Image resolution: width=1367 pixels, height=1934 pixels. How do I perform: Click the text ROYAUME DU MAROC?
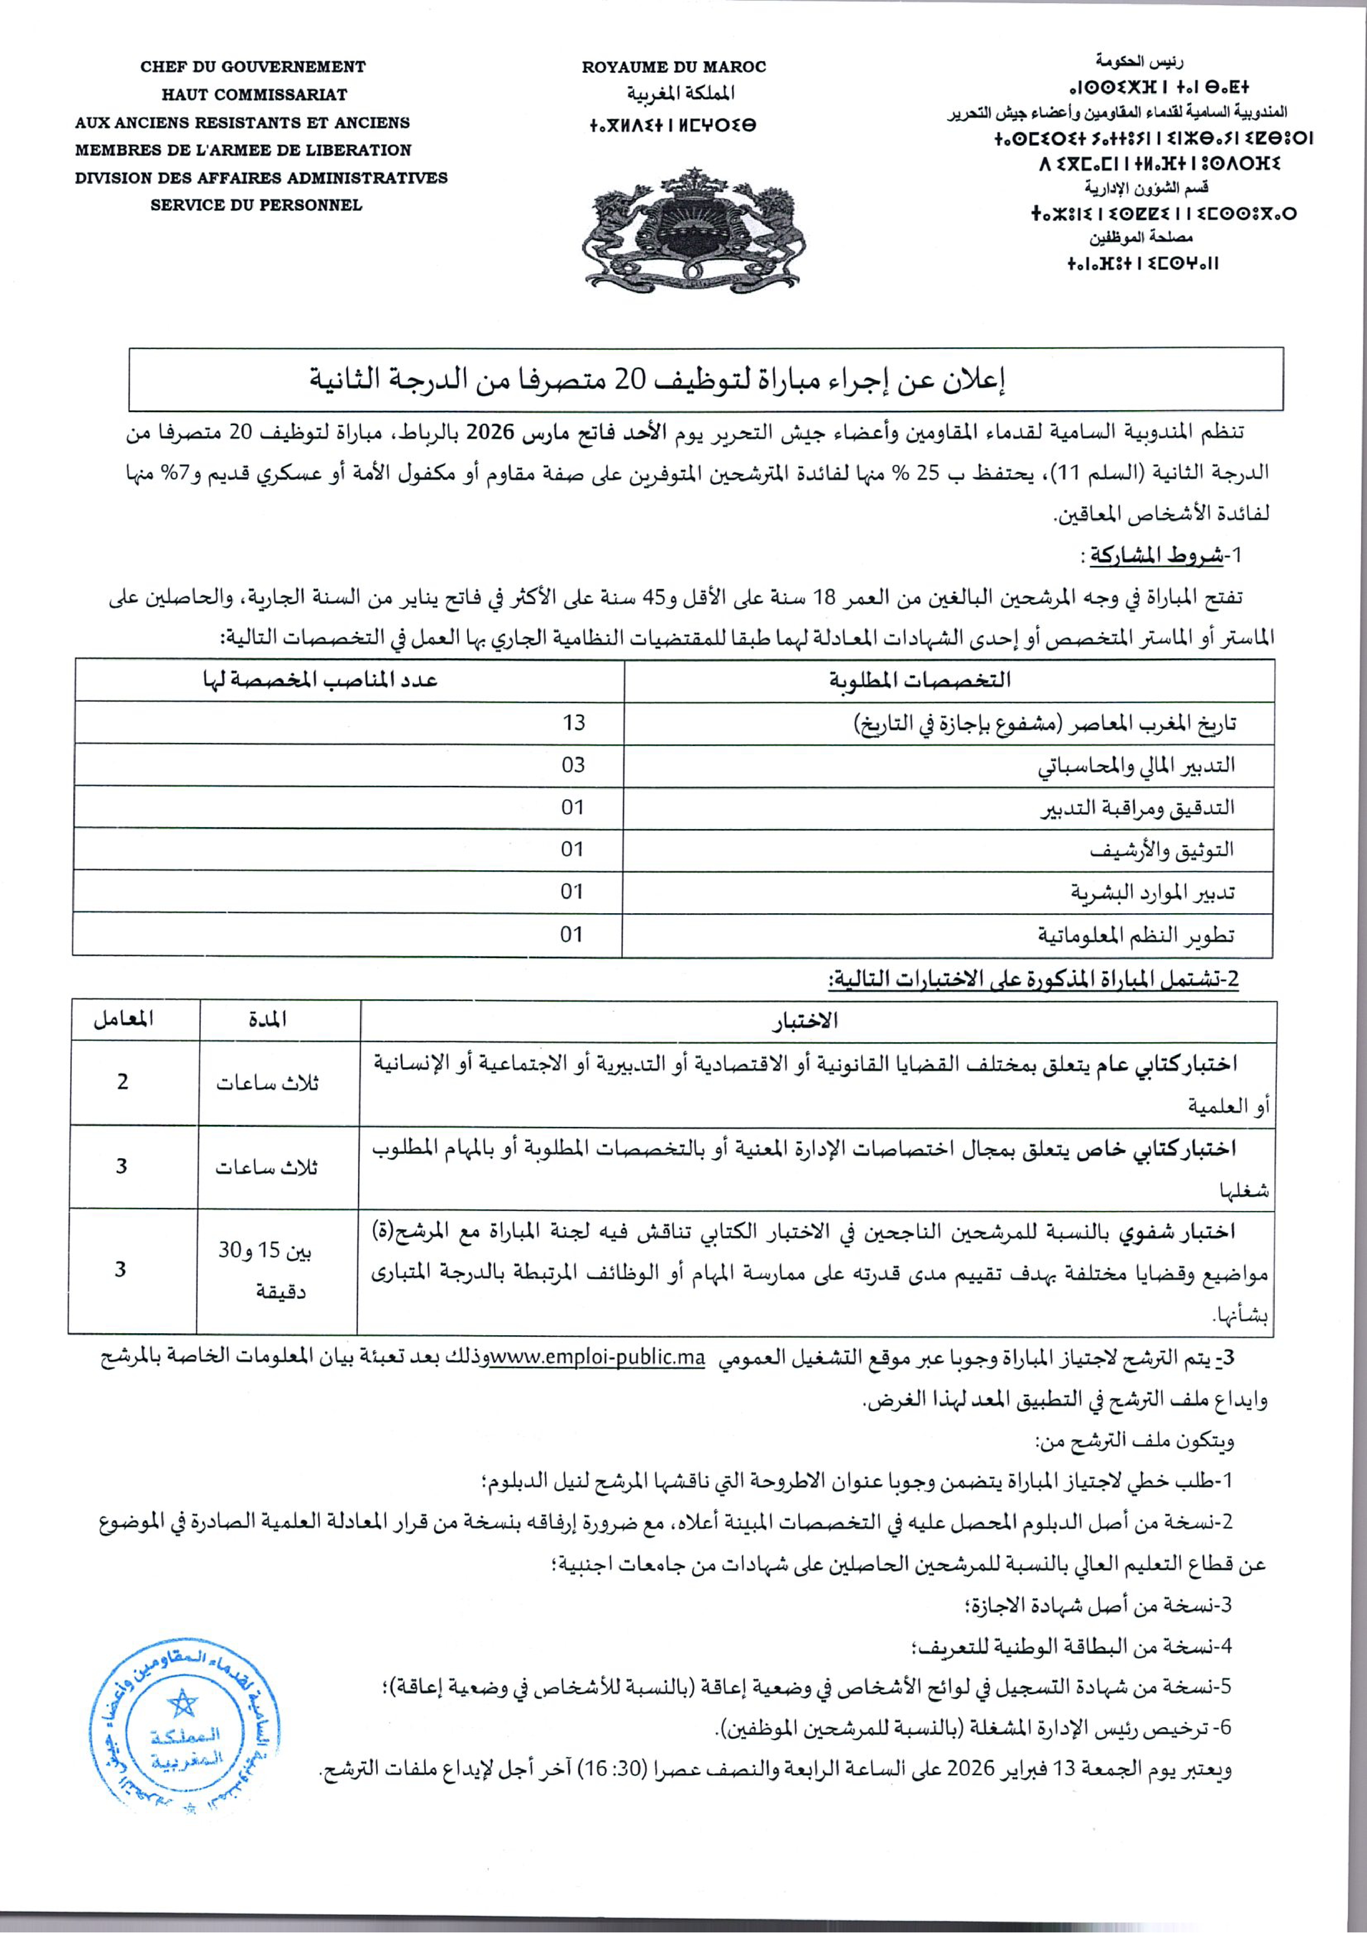[x=674, y=67]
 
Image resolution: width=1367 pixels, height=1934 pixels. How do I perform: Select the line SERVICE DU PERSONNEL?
[x=256, y=205]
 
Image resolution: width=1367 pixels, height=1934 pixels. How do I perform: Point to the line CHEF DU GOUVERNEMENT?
[x=253, y=67]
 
